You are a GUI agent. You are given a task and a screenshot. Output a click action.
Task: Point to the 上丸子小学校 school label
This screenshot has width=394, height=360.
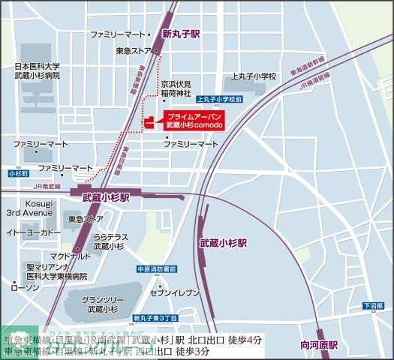coord(254,76)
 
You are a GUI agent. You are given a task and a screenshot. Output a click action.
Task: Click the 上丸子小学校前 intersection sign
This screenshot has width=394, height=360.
coord(218,99)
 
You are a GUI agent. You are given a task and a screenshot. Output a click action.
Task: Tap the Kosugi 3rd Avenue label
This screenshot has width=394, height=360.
coord(29,208)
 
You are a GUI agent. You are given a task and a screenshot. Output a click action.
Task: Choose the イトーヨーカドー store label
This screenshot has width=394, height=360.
coord(33,232)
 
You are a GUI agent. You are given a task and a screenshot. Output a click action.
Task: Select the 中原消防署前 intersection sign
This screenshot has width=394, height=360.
coord(157,269)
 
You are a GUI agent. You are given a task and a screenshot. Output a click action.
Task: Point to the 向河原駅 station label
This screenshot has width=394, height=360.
coord(319,345)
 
